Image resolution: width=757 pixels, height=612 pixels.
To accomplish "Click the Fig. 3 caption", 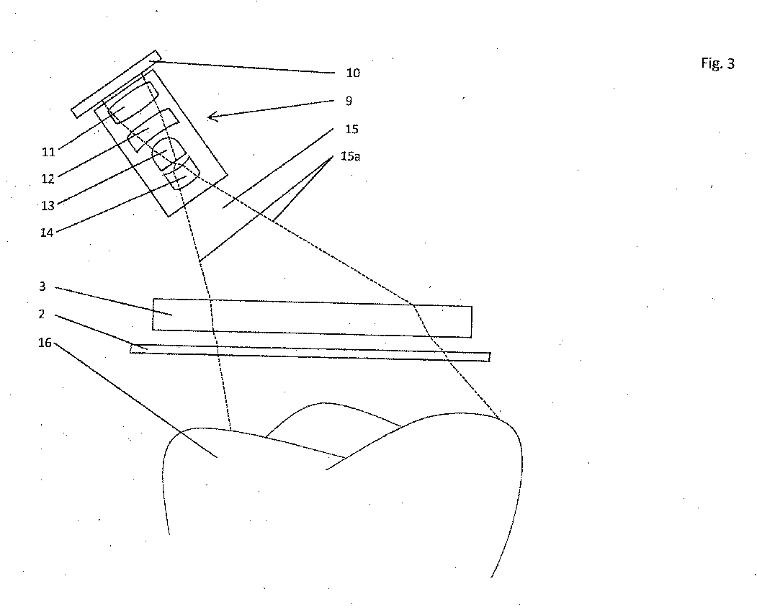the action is point(717,63).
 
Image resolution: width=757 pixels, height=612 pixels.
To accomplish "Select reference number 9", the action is point(349,102).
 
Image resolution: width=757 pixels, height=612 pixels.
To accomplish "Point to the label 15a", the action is point(351,156).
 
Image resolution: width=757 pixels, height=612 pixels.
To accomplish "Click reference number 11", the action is point(48,152).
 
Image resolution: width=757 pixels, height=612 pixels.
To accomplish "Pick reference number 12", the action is point(48,179).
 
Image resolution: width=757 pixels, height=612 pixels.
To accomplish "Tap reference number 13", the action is point(48,205).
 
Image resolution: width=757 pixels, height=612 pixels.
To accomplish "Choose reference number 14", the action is point(47,233).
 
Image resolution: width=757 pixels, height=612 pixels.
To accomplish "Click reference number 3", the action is point(42,287).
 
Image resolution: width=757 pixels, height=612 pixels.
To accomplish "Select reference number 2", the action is point(42,314).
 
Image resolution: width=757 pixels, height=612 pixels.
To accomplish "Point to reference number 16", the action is point(45,343).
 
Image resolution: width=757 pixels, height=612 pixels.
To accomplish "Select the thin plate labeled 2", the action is point(310,352).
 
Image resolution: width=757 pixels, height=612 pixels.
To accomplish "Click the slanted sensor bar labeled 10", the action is point(115,83).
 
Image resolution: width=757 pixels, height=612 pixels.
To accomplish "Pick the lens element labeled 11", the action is point(130,102).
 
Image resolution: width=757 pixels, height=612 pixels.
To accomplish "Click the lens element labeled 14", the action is point(181,174).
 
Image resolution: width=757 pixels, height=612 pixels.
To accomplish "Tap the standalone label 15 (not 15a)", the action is point(352,130).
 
